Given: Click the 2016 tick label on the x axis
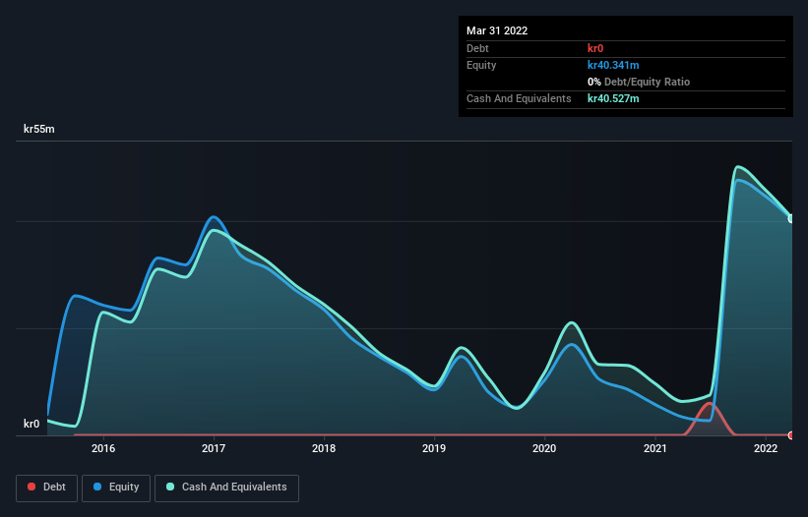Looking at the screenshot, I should (103, 449).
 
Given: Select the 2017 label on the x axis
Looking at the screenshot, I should (214, 449).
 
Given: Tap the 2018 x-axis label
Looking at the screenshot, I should (324, 449).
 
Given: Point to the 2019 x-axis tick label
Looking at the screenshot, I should (434, 449).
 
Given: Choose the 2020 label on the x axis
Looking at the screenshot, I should (544, 449).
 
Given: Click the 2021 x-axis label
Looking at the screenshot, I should (655, 449).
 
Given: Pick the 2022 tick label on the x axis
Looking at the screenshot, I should (766, 449).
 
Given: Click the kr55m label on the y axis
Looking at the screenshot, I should (39, 130).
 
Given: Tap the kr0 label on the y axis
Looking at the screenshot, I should (31, 425).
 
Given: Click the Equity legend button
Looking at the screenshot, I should (116, 488).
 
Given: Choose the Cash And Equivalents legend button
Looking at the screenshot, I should (226, 488).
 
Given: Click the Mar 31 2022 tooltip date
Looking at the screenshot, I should (497, 30).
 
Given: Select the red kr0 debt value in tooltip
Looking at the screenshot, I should (596, 48).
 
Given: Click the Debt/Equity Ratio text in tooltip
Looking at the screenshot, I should (645, 82).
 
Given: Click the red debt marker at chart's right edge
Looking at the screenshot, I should (791, 434).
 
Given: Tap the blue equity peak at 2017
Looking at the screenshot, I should (214, 217).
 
